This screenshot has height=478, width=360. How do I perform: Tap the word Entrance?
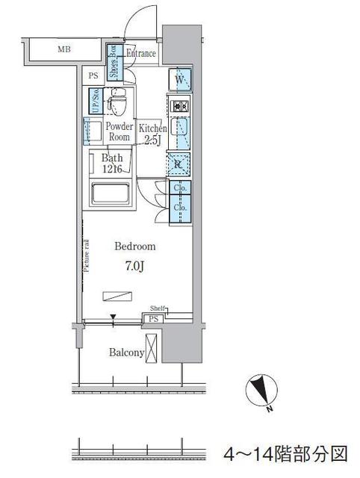tap(140, 53)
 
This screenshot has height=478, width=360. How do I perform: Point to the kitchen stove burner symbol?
tap(180, 106)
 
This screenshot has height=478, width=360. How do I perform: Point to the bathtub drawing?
tap(111, 196)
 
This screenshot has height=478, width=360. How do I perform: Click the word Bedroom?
tap(135, 246)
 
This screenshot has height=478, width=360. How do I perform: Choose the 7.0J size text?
tap(135, 264)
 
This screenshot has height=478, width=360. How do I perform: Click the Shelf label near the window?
tap(158, 308)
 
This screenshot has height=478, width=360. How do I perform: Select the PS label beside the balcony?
tap(153, 319)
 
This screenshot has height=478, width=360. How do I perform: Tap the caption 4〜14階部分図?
tap(287, 453)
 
